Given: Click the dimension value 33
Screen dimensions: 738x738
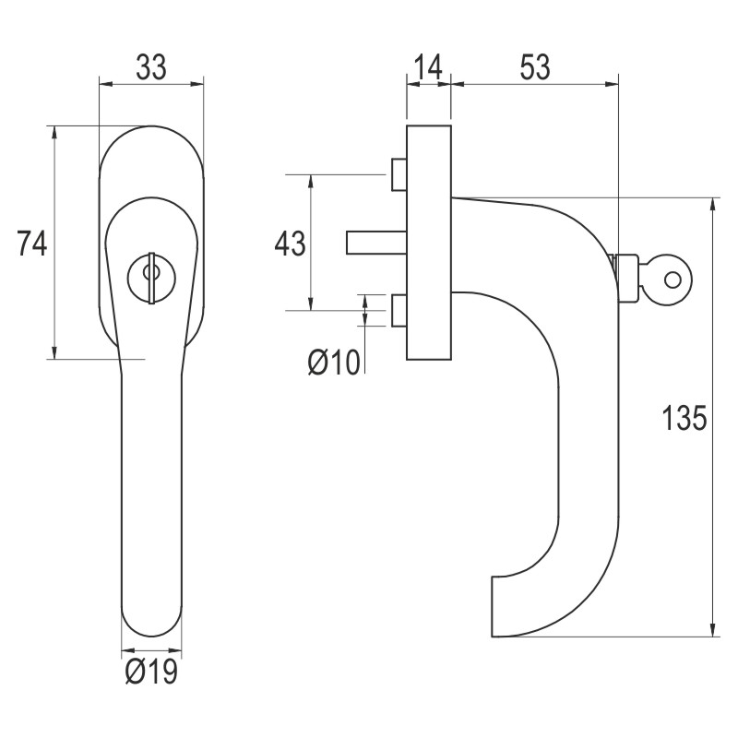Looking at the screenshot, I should (151, 67).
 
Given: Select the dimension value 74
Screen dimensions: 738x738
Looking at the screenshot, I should (32, 244).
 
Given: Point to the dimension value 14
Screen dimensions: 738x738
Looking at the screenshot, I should (429, 67).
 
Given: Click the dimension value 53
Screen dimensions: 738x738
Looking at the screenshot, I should (534, 67).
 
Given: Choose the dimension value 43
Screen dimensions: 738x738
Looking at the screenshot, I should (290, 244).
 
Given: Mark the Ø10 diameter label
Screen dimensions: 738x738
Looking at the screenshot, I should (333, 363).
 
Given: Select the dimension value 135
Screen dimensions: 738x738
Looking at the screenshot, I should (684, 418).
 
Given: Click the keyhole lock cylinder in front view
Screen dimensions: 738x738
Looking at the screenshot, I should (151, 273).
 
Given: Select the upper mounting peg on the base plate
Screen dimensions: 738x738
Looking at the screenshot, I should (399, 174).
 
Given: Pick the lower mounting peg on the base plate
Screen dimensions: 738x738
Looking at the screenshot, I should (399, 311).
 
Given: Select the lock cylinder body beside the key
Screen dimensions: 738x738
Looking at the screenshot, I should (626, 278).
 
